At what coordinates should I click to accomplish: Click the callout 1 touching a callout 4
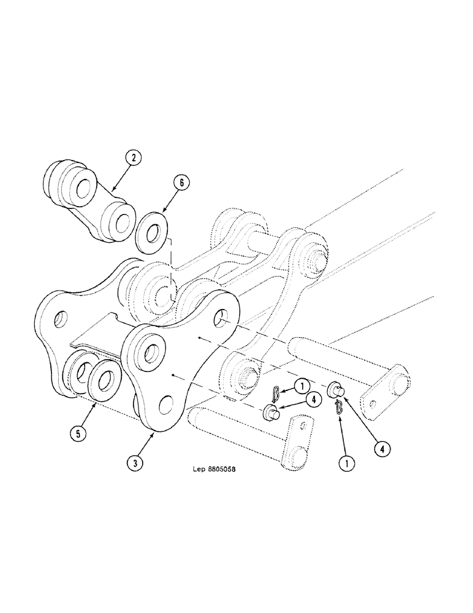[302, 386]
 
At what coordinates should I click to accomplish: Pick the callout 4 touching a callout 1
[313, 399]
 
